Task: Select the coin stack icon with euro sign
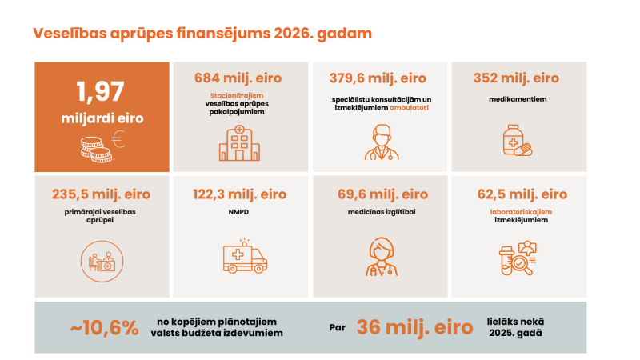(x=101, y=145)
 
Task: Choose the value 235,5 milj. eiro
(x=101, y=194)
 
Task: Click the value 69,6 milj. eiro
(x=378, y=194)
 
